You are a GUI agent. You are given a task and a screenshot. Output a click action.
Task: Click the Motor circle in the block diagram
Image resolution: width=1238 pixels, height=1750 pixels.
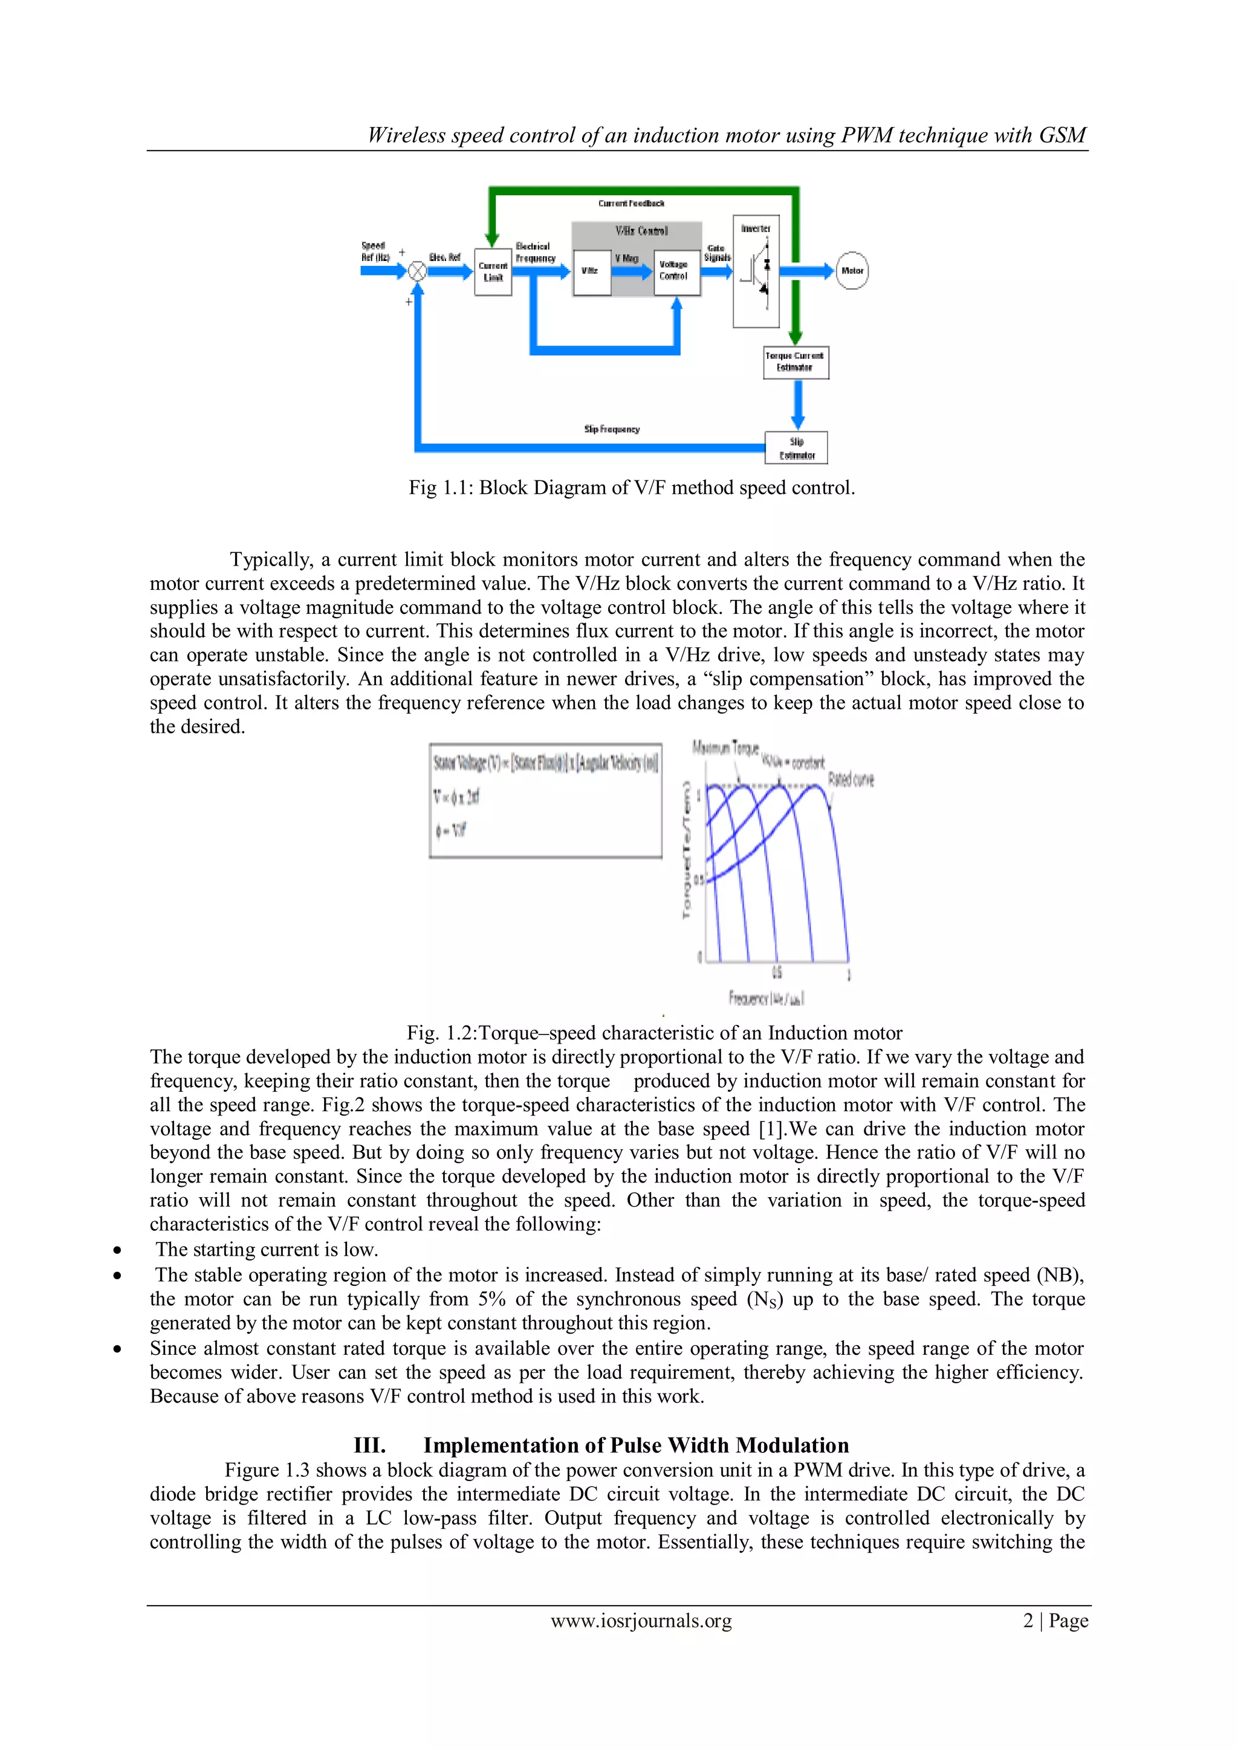click(852, 271)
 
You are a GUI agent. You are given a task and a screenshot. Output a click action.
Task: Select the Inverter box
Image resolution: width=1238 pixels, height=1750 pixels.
click(756, 271)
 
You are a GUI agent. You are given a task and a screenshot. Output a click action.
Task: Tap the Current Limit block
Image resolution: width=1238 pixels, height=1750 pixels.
click(493, 272)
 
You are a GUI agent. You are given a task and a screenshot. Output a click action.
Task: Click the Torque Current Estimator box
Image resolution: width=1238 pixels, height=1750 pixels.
click(796, 362)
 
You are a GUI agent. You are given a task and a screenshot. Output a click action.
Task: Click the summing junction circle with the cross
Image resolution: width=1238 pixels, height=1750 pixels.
click(417, 271)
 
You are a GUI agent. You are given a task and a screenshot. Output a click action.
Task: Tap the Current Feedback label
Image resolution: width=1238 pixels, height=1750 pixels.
click(630, 204)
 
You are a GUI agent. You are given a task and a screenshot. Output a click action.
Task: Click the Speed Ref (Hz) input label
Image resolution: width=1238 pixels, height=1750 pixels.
click(374, 251)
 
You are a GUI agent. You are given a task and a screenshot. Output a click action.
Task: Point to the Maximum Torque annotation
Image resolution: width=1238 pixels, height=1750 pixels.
click(725, 747)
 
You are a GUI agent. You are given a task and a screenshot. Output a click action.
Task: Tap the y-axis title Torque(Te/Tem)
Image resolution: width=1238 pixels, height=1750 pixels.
click(687, 850)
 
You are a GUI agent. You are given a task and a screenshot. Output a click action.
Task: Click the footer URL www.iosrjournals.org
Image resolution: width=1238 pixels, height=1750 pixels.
click(641, 1621)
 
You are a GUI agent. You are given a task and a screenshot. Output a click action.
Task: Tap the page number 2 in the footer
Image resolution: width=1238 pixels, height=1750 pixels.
click(1028, 1621)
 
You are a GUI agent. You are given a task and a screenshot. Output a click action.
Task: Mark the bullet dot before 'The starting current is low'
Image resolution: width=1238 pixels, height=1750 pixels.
click(117, 1250)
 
